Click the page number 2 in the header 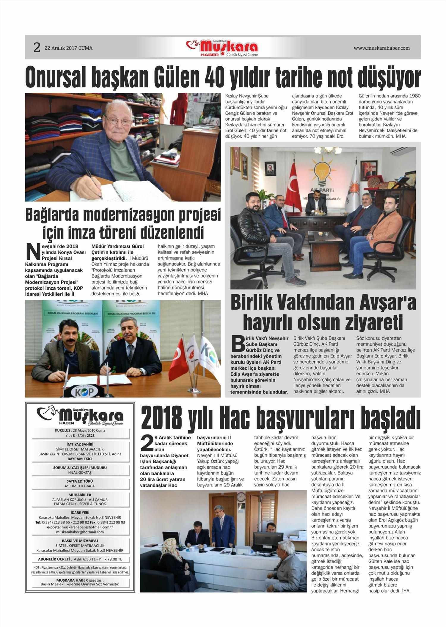pos(37,48)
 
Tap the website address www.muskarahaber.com pos(381,48)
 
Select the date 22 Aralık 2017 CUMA pos(68,48)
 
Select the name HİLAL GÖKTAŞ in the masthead pos(80,472)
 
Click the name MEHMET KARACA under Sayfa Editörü pos(80,486)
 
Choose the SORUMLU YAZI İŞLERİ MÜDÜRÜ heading pos(80,467)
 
